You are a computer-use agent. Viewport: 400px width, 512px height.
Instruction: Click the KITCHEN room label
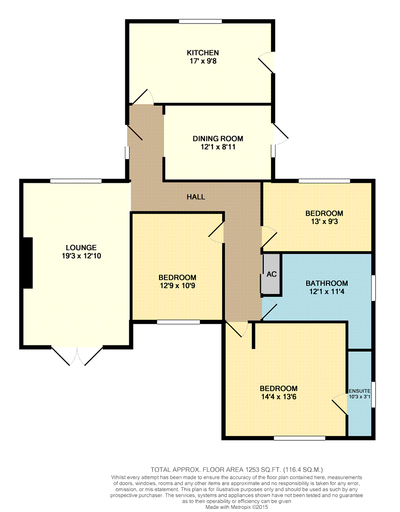pyautogui.click(x=203, y=52)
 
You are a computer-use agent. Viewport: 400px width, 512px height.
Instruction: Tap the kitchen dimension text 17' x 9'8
pyautogui.click(x=203, y=61)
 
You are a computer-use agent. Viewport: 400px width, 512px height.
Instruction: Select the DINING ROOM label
pyautogui.click(x=218, y=138)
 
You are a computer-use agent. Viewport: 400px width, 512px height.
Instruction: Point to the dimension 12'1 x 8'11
pyautogui.click(x=218, y=147)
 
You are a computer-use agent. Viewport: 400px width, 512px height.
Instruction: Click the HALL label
pyautogui.click(x=196, y=197)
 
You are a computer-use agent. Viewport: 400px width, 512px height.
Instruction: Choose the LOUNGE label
pyautogui.click(x=81, y=248)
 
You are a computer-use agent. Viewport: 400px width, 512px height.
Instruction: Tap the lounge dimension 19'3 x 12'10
pyautogui.click(x=81, y=256)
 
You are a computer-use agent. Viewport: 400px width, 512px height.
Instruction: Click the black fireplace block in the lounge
pyautogui.click(x=28, y=263)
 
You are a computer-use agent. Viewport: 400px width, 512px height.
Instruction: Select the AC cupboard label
pyautogui.click(x=272, y=274)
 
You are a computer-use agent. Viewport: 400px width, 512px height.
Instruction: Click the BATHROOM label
pyautogui.click(x=327, y=283)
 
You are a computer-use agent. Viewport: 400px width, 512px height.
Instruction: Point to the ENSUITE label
pyautogui.click(x=360, y=391)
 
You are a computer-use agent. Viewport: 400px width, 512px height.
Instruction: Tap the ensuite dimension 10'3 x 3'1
pyautogui.click(x=360, y=397)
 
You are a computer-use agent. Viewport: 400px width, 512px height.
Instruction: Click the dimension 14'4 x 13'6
pyautogui.click(x=279, y=397)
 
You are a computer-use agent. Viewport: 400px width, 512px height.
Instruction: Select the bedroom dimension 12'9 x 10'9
pyautogui.click(x=177, y=286)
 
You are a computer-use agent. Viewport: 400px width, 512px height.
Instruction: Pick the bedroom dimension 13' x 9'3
pyautogui.click(x=324, y=222)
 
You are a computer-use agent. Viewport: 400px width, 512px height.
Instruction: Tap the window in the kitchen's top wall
pyautogui.click(x=200, y=21)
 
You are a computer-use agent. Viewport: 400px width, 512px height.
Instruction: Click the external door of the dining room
pyautogui.click(x=280, y=134)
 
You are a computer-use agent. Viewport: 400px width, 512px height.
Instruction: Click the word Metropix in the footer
pyautogui.click(x=241, y=507)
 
